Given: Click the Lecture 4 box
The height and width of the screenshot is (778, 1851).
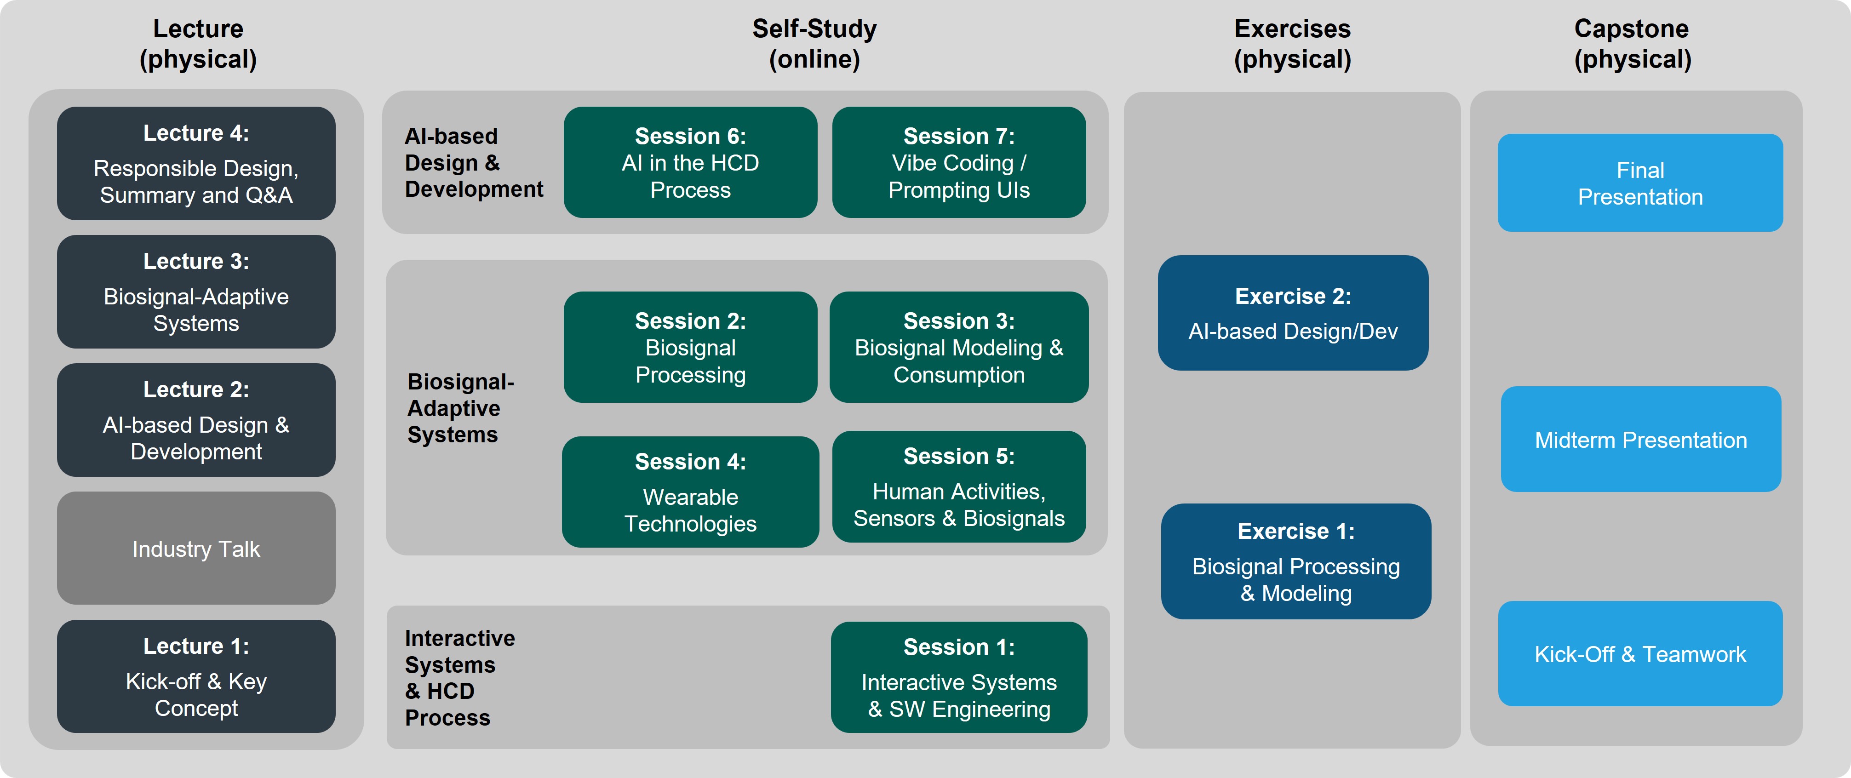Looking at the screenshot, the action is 196,164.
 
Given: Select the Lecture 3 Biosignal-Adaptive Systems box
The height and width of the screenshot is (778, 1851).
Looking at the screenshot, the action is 196,292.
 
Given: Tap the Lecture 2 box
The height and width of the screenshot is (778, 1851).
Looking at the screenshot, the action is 196,420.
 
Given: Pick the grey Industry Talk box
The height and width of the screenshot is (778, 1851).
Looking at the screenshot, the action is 196,548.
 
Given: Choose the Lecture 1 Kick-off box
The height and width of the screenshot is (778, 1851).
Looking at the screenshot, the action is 196,677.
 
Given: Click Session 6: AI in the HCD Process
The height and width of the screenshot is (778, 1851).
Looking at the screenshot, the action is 691,162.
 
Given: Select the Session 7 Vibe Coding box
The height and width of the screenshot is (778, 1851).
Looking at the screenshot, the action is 959,162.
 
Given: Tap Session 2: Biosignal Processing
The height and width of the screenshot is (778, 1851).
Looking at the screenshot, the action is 691,347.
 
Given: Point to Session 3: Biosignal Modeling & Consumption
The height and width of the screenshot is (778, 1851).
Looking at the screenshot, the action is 959,347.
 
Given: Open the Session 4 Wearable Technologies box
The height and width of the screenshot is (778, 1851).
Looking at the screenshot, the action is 691,492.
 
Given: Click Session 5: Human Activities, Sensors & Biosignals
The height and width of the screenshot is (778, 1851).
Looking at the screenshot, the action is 959,487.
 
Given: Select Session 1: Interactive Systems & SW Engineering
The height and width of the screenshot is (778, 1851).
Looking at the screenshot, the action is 959,677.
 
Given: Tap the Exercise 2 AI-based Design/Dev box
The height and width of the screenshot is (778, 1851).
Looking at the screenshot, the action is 1293,313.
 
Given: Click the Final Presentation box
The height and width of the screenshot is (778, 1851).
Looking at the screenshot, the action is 1640,183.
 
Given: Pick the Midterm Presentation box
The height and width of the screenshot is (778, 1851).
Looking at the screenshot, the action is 1641,440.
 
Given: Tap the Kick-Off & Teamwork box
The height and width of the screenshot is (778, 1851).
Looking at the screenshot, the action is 1640,654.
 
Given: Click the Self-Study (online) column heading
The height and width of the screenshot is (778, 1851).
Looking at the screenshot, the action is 815,44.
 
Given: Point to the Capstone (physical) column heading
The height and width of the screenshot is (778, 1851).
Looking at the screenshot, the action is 1633,44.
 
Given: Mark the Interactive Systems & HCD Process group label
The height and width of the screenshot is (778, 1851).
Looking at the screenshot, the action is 460,677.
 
